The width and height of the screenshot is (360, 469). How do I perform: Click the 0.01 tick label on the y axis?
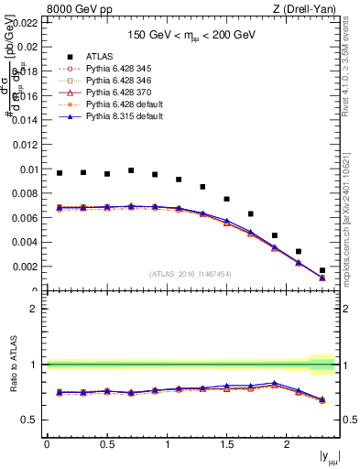coord(28,169)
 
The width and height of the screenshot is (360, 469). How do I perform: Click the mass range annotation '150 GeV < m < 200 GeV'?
coord(190,34)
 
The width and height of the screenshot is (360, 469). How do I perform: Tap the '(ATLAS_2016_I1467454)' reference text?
coord(190,274)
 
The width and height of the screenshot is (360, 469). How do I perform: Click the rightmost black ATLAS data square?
coord(322,270)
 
